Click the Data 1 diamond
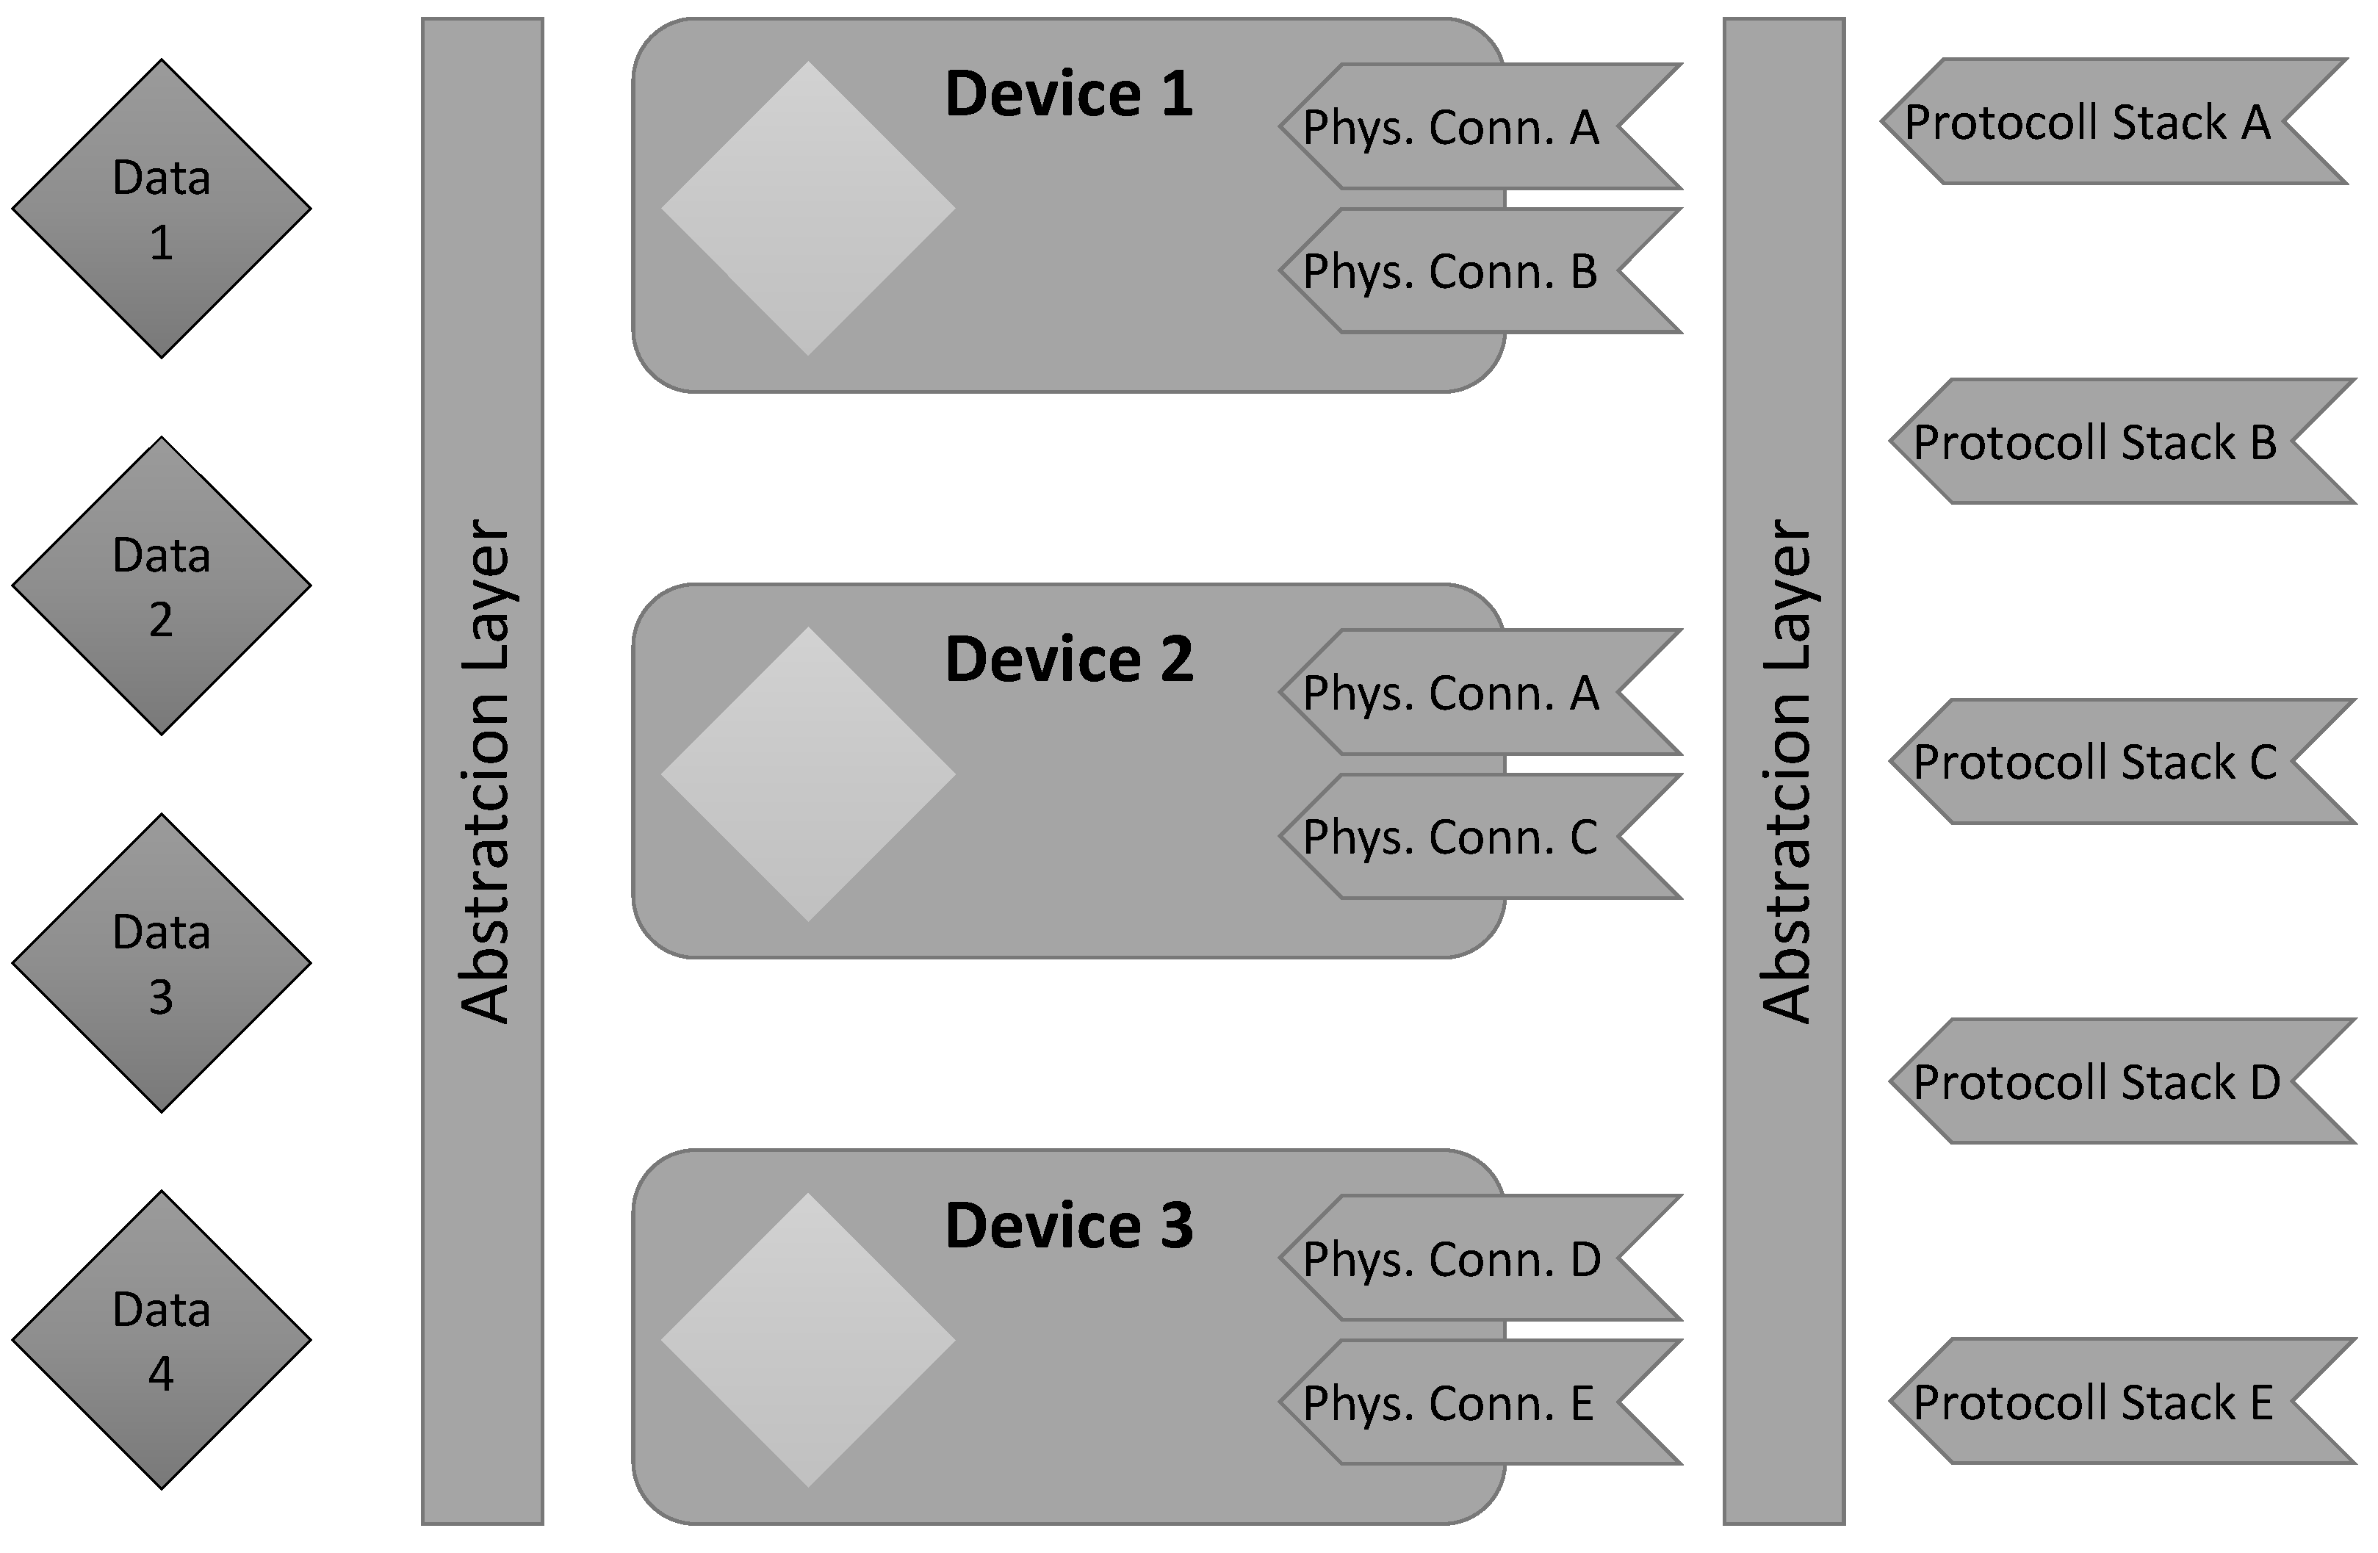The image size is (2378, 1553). point(161,209)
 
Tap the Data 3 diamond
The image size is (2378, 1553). point(161,963)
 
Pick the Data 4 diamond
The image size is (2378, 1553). point(161,1340)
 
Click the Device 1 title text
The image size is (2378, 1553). point(1068,94)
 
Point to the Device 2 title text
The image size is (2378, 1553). point(1068,660)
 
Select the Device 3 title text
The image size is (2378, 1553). point(1068,1225)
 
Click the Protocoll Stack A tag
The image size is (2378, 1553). point(2089,122)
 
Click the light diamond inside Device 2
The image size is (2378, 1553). point(808,774)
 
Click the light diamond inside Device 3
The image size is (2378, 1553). point(808,1340)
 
